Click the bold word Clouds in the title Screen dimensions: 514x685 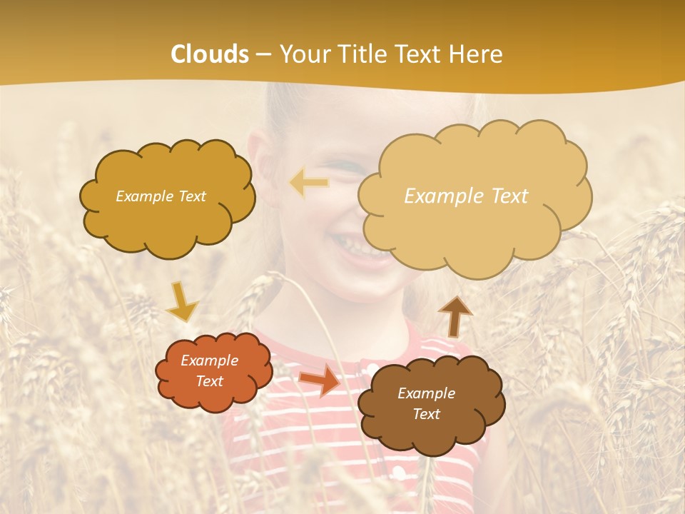tap(210, 54)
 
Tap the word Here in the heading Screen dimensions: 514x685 tap(477, 54)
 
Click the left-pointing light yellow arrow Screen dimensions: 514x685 tap(309, 183)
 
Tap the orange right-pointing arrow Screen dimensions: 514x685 tap(320, 379)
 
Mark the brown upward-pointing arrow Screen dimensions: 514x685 tap(455, 316)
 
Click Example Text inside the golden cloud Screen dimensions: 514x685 tap(161, 196)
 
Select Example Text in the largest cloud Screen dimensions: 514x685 tap(466, 196)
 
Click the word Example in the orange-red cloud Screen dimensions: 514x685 tap(209, 361)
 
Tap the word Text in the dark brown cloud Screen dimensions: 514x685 tap(426, 414)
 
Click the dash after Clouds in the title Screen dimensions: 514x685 tap(263, 54)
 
